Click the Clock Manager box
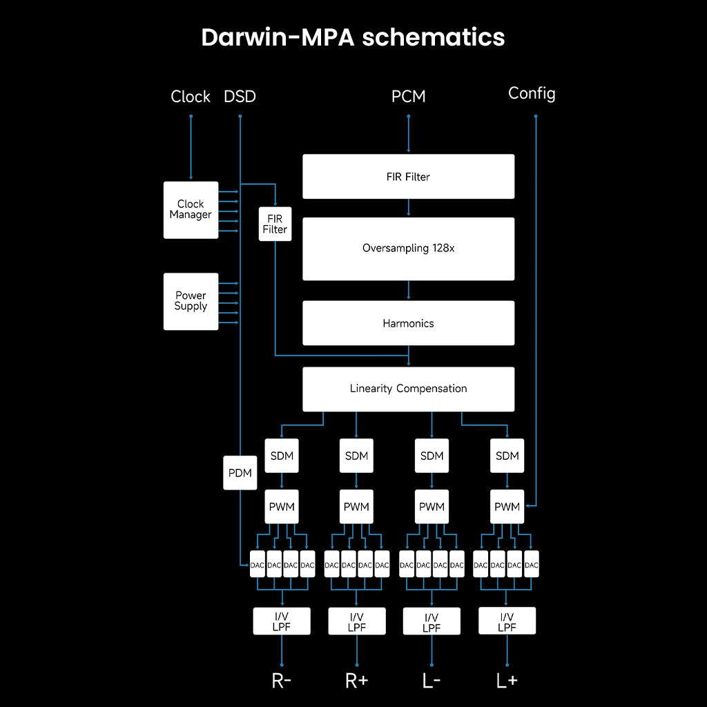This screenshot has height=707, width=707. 191,210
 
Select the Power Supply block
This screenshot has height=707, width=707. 191,301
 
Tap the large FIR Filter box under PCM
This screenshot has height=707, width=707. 408,177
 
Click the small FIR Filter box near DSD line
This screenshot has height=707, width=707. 275,224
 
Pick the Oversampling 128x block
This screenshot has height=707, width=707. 408,249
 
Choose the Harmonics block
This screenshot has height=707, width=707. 408,323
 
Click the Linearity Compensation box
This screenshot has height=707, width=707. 408,389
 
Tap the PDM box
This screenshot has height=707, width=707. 240,473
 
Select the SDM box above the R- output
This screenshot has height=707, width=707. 281,456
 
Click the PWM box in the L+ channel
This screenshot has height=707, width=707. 507,507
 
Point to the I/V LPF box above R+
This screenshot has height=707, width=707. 356,621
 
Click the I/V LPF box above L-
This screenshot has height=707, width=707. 432,621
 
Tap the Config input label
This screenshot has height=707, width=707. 532,93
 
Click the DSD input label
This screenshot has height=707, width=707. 240,97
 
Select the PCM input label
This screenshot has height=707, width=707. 408,97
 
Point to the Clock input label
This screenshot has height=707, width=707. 191,97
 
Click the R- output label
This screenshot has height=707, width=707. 281,681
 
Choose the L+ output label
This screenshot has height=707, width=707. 507,681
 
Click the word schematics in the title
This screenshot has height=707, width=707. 433,37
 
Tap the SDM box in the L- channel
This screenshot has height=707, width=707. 432,456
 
